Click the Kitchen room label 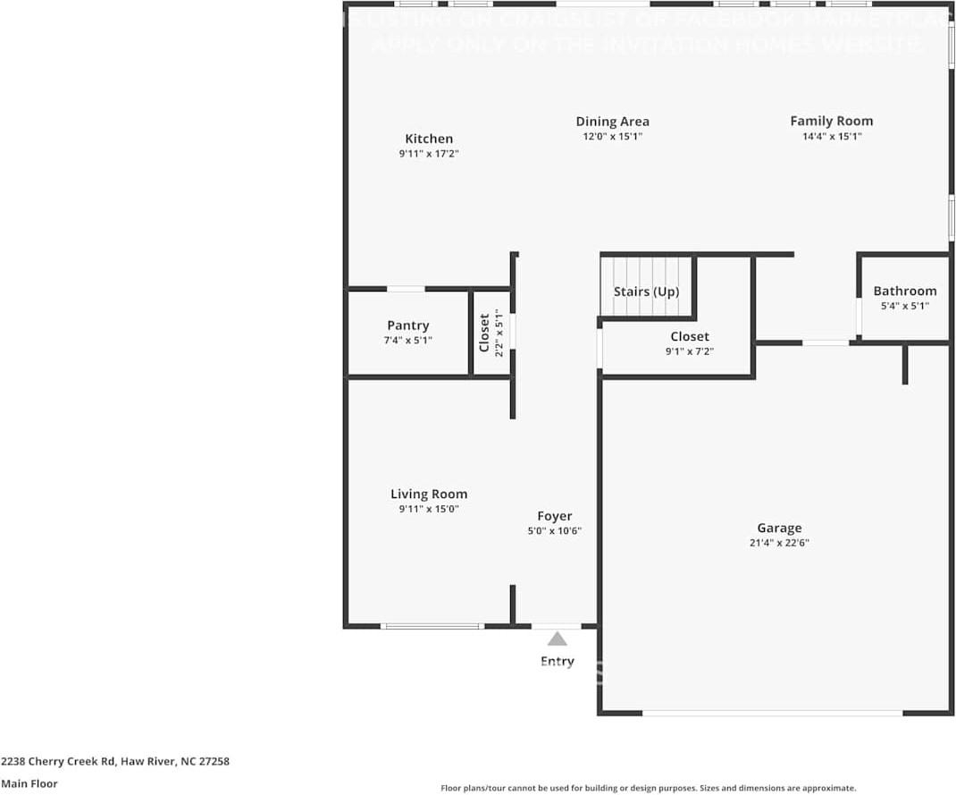[x=429, y=139]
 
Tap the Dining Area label [x=612, y=122]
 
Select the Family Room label [x=831, y=121]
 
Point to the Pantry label [x=407, y=326]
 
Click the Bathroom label [x=905, y=291]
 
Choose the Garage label [x=779, y=528]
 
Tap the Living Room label [x=429, y=494]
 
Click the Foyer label [x=554, y=516]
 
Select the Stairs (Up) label [x=646, y=292]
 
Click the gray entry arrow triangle [x=558, y=639]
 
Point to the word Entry [x=558, y=662]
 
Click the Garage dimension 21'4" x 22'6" [x=779, y=543]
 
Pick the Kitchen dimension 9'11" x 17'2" [x=429, y=154]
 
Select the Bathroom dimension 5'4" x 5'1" [x=905, y=306]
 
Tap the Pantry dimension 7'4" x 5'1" [x=407, y=341]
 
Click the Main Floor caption [x=29, y=783]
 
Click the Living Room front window [x=432, y=626]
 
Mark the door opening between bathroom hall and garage [x=826, y=343]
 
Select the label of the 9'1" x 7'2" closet [x=690, y=336]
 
